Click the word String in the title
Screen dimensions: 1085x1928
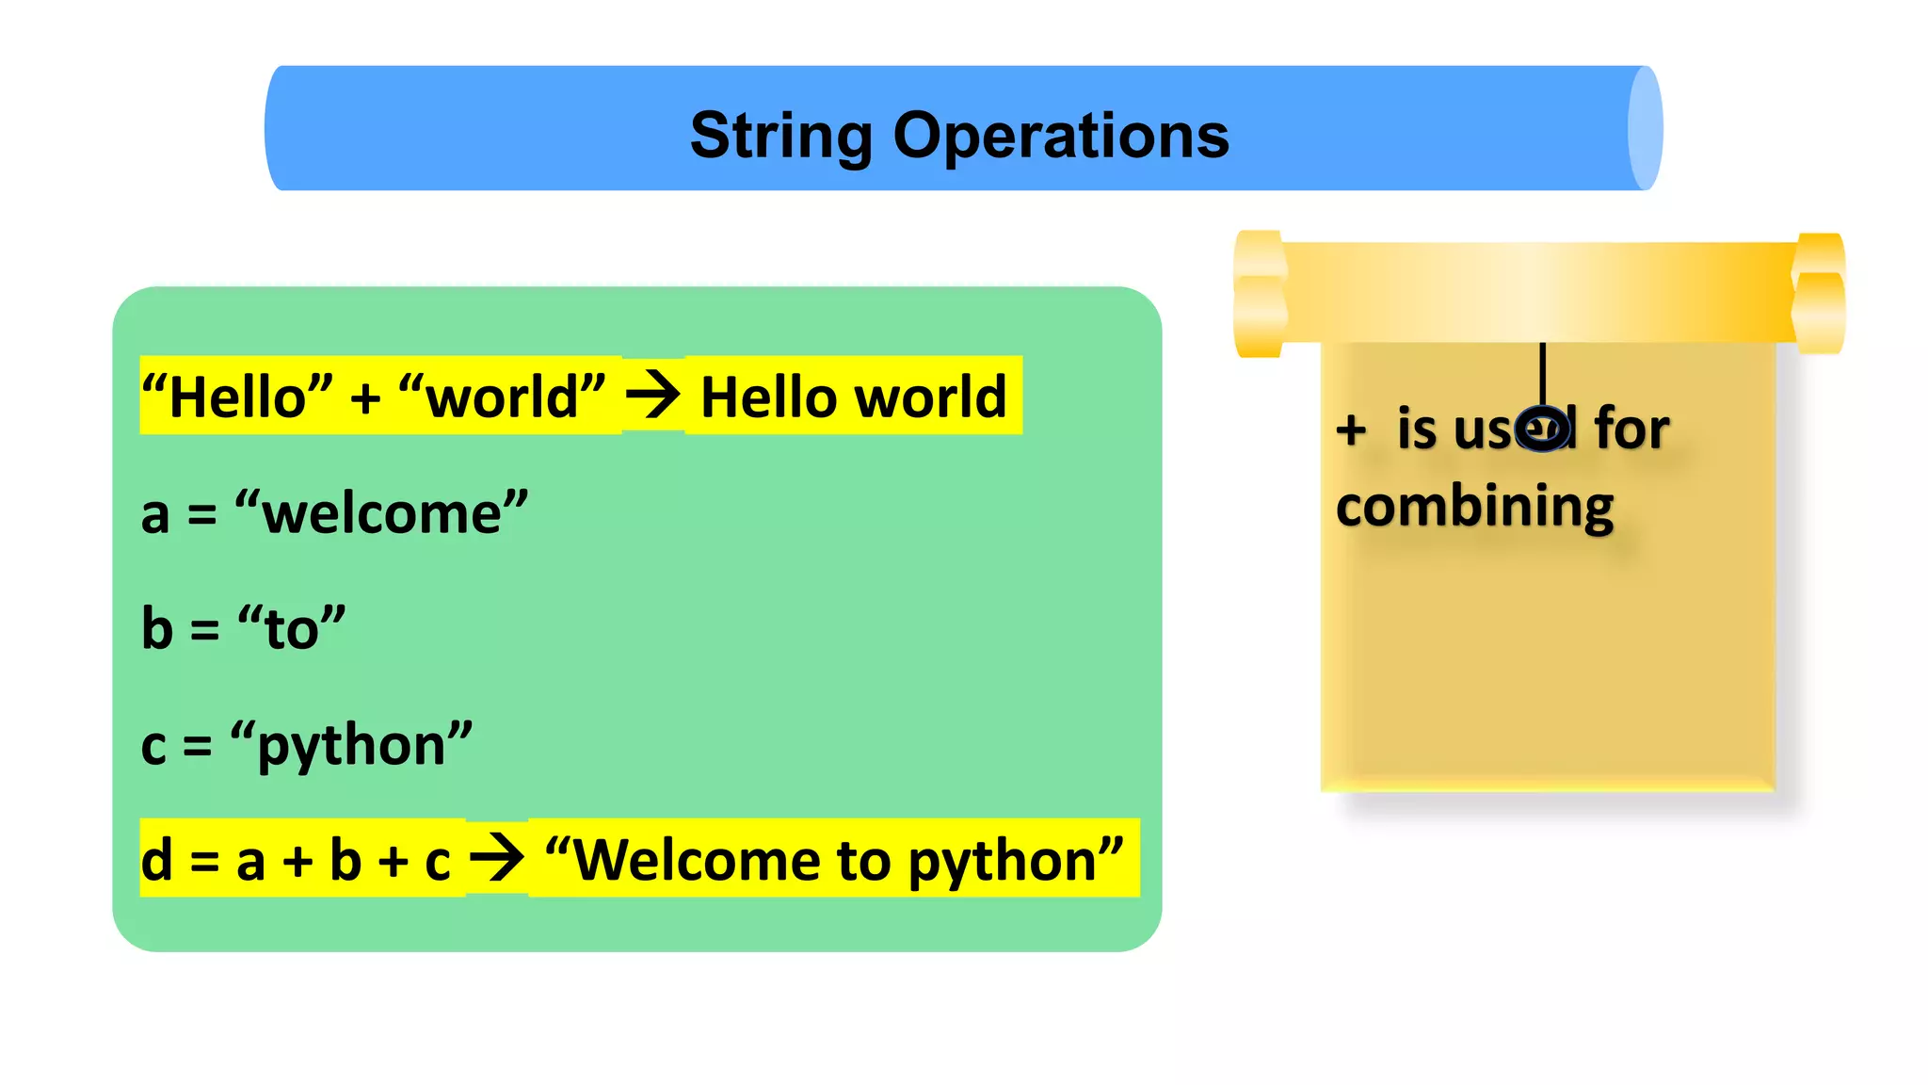pyautogui.click(x=781, y=136)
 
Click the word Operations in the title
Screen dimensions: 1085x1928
pyautogui.click(x=1061, y=136)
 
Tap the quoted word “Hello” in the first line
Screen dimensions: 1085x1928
pyautogui.click(x=237, y=397)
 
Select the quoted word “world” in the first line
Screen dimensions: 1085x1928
pyautogui.click(x=502, y=397)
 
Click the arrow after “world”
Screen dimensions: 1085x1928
pyautogui.click(x=652, y=396)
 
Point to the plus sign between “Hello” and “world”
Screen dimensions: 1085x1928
pyautogui.click(x=365, y=398)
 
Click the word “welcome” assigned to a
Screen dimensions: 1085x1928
pyautogui.click(x=381, y=513)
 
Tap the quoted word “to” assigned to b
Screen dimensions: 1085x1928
pyautogui.click(x=291, y=628)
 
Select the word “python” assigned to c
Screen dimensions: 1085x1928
pyautogui.click(x=351, y=745)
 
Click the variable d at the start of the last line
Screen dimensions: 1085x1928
pyautogui.click(x=157, y=860)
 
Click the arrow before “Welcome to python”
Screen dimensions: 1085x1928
pyautogui.click(x=496, y=858)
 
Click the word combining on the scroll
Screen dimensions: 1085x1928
pyautogui.click(x=1474, y=508)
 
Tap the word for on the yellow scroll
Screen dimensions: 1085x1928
pyautogui.click(x=1631, y=429)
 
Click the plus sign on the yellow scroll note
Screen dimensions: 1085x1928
pyautogui.click(x=1351, y=430)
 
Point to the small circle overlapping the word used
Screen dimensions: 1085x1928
pyautogui.click(x=1543, y=429)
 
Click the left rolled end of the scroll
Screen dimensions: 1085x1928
pyautogui.click(x=1260, y=294)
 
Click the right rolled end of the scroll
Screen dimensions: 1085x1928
pyautogui.click(x=1819, y=294)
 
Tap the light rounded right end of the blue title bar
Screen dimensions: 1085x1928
pyautogui.click(x=1645, y=128)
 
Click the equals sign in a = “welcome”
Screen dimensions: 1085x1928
pyautogui.click(x=201, y=515)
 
